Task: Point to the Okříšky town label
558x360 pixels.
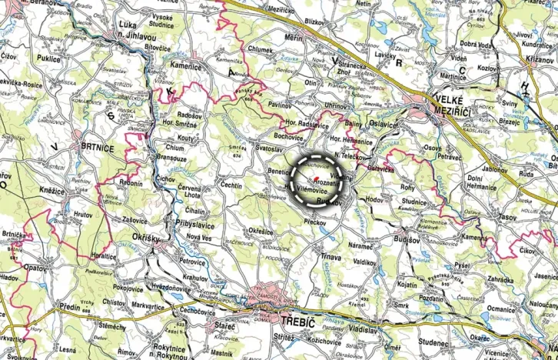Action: (145, 238)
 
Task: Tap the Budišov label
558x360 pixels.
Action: (407, 239)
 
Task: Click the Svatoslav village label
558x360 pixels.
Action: (271, 146)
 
